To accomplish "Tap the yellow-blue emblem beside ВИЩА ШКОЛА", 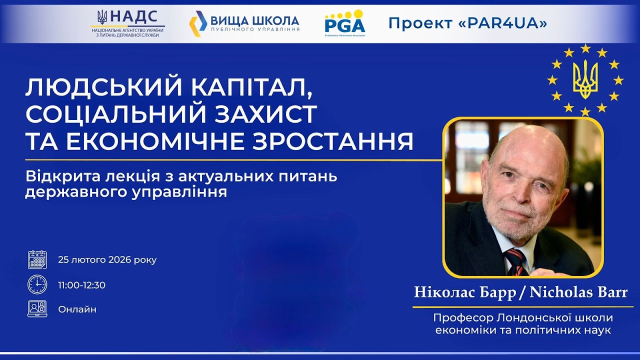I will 197,23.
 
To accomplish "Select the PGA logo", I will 344,22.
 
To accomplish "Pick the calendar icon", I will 37,260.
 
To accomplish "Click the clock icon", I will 37,284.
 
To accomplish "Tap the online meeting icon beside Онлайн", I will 37,308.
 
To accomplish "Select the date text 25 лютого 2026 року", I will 107,260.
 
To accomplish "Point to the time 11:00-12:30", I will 81,285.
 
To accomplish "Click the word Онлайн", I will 77,309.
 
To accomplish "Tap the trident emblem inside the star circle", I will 585,79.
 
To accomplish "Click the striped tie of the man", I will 515,261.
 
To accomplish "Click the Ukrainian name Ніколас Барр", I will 464,292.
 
